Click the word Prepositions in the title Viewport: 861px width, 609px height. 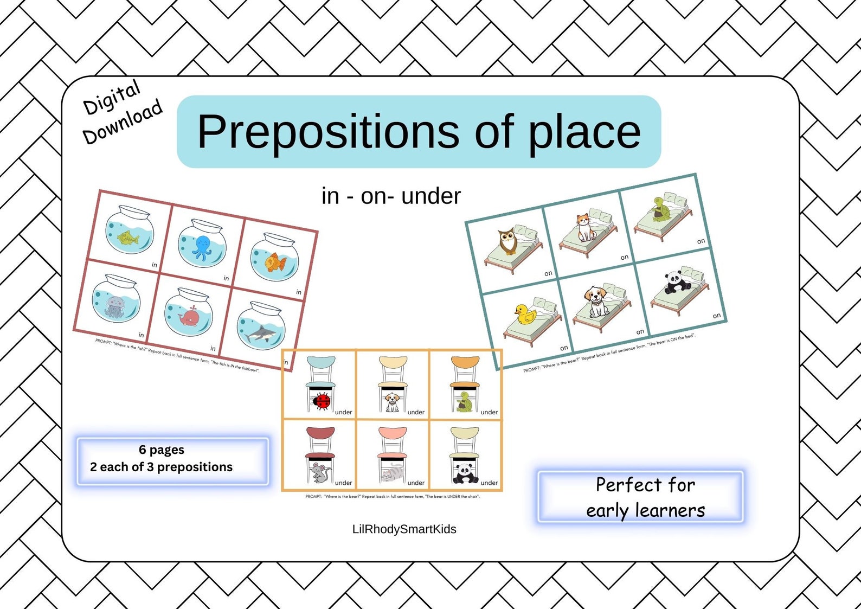point(328,133)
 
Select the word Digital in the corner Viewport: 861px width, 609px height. point(112,97)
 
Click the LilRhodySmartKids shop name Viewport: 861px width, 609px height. point(404,529)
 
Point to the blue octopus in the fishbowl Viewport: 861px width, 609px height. point(201,247)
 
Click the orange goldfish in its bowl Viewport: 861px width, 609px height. point(275,262)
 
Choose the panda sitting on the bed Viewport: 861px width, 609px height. point(675,281)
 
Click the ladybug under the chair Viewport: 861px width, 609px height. point(323,402)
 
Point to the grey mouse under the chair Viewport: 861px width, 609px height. point(320,473)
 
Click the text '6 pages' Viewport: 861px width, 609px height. point(162,450)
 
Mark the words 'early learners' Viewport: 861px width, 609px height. point(645,511)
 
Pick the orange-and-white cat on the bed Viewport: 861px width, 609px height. point(583,227)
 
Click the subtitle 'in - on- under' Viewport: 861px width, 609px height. point(391,196)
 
